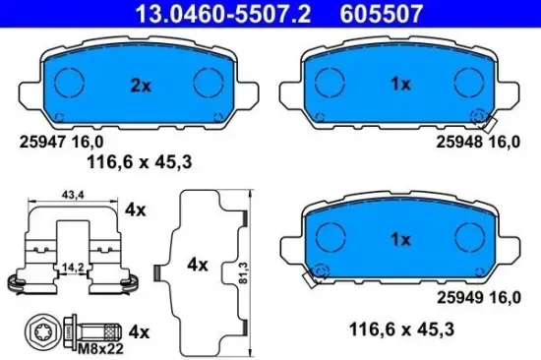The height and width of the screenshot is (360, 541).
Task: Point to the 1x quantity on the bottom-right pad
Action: pyautogui.click(x=399, y=237)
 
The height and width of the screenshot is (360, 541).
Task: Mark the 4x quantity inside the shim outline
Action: pyautogui.click(x=199, y=264)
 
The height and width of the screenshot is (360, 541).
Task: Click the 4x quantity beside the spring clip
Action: pyautogui.click(x=136, y=210)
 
